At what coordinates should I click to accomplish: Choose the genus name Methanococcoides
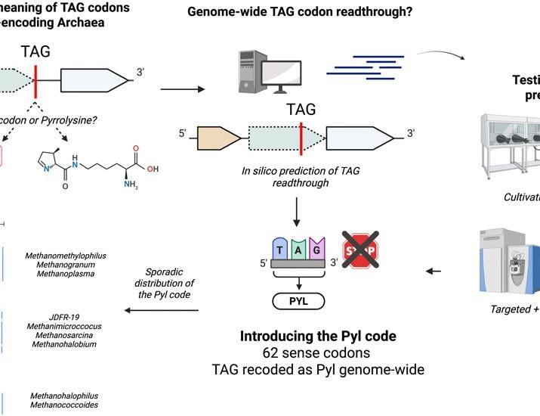pos(64,405)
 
